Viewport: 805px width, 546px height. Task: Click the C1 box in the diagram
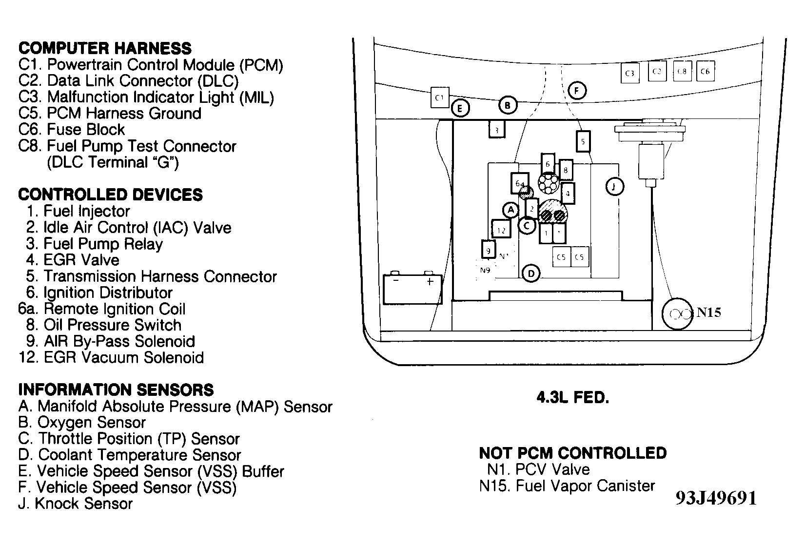click(440, 97)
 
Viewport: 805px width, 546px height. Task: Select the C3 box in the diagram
click(630, 73)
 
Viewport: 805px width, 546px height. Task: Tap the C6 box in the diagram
click(705, 71)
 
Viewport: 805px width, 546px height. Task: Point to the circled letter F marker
click(577, 91)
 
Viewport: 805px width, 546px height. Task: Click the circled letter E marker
click(460, 108)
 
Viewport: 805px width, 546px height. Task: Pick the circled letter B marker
click(507, 105)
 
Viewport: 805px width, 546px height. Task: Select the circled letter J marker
click(614, 186)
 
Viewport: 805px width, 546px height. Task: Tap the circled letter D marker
click(531, 273)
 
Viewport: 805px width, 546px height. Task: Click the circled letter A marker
click(510, 210)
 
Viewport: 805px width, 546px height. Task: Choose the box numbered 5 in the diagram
click(583, 142)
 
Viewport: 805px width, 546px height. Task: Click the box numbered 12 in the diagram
click(501, 230)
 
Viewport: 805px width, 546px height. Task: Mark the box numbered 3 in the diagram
click(496, 130)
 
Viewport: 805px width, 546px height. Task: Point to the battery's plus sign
click(430, 281)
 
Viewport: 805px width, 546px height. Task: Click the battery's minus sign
click(396, 280)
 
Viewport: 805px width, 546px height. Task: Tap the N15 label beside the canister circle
click(708, 313)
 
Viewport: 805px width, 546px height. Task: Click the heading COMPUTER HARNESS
click(105, 48)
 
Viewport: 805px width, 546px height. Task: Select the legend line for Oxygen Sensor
click(82, 422)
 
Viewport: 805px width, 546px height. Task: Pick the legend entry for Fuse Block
click(72, 130)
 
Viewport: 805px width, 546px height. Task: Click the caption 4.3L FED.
click(572, 398)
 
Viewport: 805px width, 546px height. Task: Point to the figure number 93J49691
click(716, 498)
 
